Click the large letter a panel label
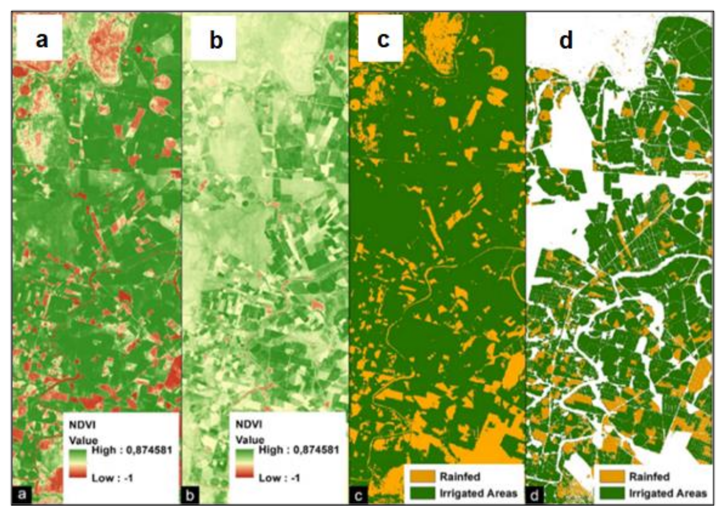click(42, 39)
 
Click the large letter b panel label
click(216, 40)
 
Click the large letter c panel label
click(383, 39)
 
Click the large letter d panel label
click(565, 40)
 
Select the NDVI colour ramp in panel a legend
click(78, 464)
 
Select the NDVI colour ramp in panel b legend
click(244, 464)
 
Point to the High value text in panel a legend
click(132, 450)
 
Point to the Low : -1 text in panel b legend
click(279, 478)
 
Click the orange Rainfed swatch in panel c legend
click(422, 476)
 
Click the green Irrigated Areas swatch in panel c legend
click(422, 493)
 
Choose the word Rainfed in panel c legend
click(460, 476)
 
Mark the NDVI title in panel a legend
click(82, 425)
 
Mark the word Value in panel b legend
click(250, 440)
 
